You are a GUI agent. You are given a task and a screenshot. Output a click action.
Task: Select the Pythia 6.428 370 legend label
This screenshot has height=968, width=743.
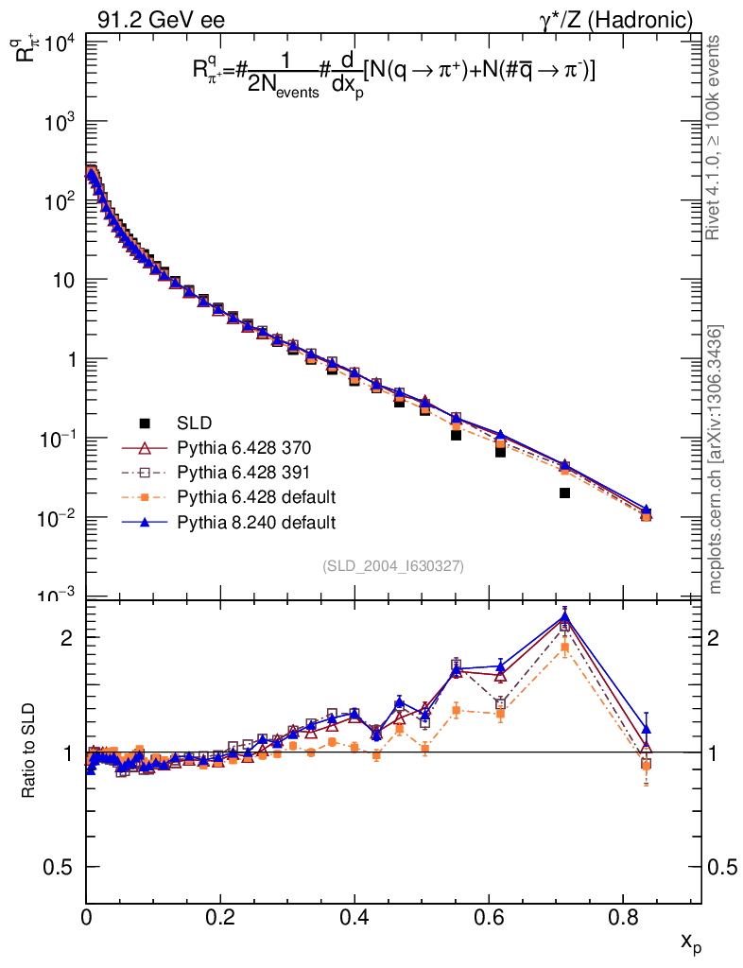[x=244, y=447]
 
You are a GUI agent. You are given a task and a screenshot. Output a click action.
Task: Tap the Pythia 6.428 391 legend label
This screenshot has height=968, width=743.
[x=244, y=472]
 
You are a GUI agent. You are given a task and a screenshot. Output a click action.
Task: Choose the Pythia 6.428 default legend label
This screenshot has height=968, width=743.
[x=256, y=496]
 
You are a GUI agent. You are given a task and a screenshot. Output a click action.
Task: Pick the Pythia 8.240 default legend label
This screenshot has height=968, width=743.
[x=256, y=521]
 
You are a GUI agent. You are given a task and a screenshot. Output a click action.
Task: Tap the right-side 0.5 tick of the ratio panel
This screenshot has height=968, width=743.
[x=724, y=867]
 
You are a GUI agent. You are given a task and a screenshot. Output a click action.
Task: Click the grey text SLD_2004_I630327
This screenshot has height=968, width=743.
[x=393, y=565]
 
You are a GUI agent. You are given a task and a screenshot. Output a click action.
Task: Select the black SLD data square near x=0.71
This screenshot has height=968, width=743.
[x=564, y=493]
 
